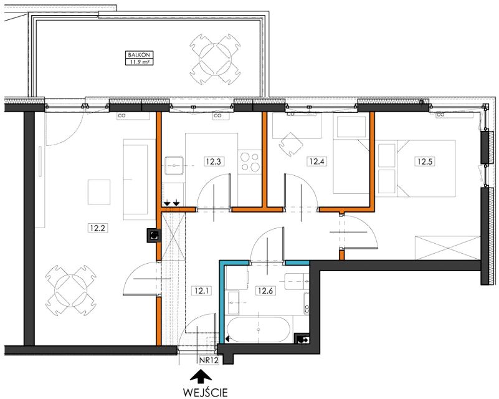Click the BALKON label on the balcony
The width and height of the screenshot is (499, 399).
pyautogui.click(x=139, y=55)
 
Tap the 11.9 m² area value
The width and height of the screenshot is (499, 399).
pyautogui.click(x=139, y=62)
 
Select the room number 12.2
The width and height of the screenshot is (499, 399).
pyautogui.click(x=97, y=228)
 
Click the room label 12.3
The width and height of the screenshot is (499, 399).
pyautogui.click(x=213, y=161)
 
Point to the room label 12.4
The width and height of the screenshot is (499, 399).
pyautogui.click(x=316, y=161)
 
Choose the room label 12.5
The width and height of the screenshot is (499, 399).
pyautogui.click(x=425, y=161)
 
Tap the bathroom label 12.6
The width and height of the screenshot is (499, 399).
pyautogui.click(x=265, y=291)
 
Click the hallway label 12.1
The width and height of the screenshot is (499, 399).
pyautogui.click(x=201, y=291)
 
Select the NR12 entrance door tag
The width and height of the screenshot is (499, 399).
pyautogui.click(x=209, y=360)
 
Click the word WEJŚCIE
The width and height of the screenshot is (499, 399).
pyautogui.click(x=205, y=392)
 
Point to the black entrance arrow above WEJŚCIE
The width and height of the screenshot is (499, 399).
pyautogui.click(x=201, y=376)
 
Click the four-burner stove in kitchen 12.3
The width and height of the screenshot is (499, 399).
pyautogui.click(x=250, y=161)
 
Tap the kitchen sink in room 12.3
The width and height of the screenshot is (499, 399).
pyautogui.click(x=174, y=166)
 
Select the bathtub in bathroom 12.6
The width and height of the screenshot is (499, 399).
pyautogui.click(x=259, y=329)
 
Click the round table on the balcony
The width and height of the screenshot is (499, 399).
pyautogui.click(x=215, y=60)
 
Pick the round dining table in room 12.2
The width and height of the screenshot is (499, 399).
pyautogui.click(x=70, y=290)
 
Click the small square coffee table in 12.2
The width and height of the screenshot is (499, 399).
pyautogui.click(x=99, y=192)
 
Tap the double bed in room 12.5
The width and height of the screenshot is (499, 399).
pyautogui.click(x=426, y=168)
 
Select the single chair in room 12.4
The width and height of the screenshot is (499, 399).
pyautogui.click(x=290, y=144)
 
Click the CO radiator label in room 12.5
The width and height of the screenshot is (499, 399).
pyautogui.click(x=441, y=114)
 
